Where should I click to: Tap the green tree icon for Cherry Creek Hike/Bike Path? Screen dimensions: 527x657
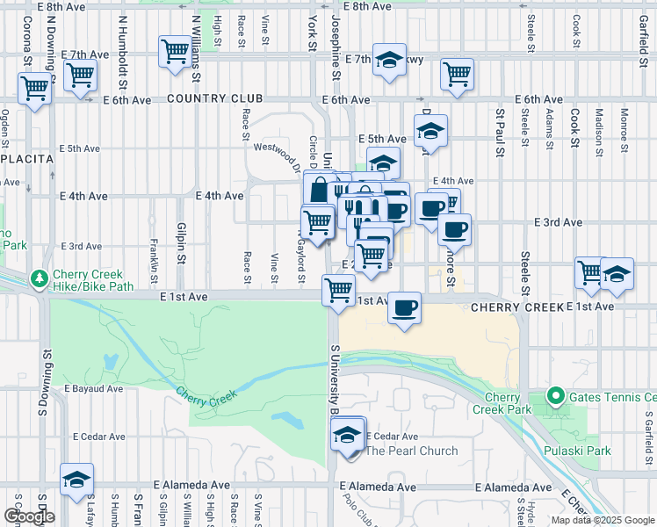coord(39,278)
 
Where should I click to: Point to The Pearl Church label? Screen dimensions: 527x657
coord(411,451)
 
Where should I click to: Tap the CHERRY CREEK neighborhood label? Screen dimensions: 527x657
coord(516,308)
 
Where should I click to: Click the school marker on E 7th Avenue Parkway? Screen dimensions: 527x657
coord(389,60)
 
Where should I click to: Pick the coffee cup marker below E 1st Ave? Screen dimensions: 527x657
coord(403,308)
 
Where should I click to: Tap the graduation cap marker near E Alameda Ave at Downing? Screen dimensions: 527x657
coord(77,480)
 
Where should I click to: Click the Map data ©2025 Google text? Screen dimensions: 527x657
coord(603,520)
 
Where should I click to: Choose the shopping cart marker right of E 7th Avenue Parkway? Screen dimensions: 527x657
coord(458,75)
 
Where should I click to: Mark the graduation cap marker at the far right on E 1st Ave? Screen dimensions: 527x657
coord(617,273)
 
